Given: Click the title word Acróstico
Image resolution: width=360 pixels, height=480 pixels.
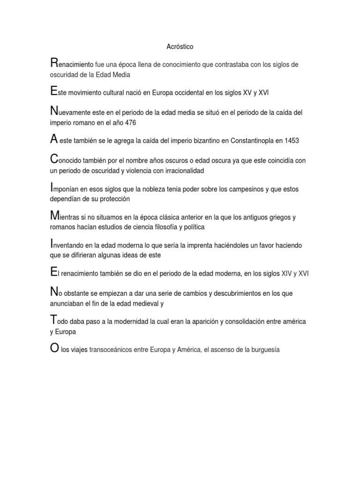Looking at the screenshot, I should click(x=180, y=47).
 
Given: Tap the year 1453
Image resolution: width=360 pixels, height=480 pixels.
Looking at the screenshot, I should click(x=290, y=141).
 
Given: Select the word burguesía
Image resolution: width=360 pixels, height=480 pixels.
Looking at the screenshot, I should click(x=263, y=350).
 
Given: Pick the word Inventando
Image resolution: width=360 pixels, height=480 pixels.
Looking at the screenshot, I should click(x=69, y=246).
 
